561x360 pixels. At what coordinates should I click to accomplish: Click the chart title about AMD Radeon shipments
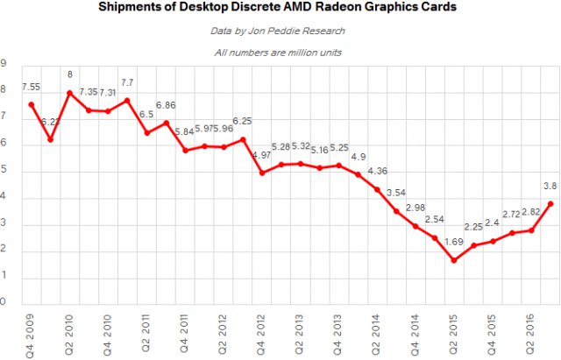[279, 8]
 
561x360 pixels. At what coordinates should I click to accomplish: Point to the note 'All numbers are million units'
[279, 53]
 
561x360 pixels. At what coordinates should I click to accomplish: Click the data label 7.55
[32, 88]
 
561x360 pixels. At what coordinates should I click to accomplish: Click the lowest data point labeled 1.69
[454, 260]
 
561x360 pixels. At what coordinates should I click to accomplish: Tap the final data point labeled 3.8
[550, 203]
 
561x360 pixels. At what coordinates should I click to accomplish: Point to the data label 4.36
[377, 171]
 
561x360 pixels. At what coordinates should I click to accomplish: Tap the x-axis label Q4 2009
[32, 335]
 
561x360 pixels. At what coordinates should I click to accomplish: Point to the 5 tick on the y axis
[4, 172]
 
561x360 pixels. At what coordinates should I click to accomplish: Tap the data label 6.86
[166, 105]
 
